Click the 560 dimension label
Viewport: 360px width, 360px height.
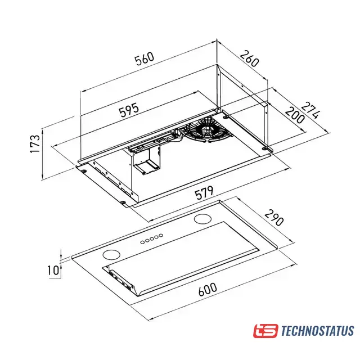145,58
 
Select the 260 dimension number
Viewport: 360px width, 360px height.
250,58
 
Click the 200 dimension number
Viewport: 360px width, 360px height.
295,115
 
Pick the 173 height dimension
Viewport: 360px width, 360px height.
35,144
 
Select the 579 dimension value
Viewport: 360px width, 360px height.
204,193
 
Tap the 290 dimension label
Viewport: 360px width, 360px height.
274,218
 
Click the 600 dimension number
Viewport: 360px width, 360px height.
208,290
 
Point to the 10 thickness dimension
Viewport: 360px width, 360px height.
53,270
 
